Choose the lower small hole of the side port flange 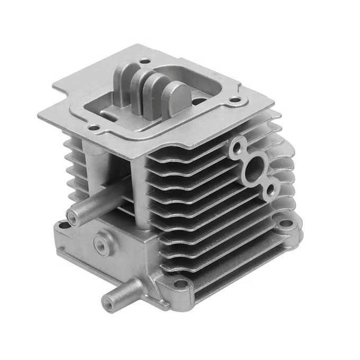click(272, 186)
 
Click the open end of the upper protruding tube click(71, 215)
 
